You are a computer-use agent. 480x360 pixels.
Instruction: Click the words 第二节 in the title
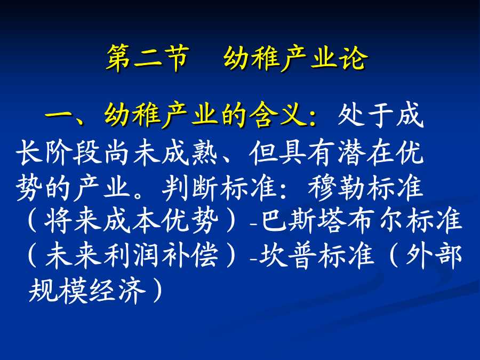[x=148, y=58]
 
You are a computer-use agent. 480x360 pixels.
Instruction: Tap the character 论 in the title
[x=353, y=58]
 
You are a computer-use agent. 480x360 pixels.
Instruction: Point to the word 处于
[x=365, y=115]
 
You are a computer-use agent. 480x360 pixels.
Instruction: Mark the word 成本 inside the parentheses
[x=131, y=221]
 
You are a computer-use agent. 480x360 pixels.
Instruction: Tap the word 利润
[x=131, y=256]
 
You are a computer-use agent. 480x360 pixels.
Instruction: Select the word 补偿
[x=190, y=256]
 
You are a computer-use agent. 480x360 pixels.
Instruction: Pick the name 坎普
[x=288, y=256]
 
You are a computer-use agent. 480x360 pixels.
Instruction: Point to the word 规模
[x=57, y=291]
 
